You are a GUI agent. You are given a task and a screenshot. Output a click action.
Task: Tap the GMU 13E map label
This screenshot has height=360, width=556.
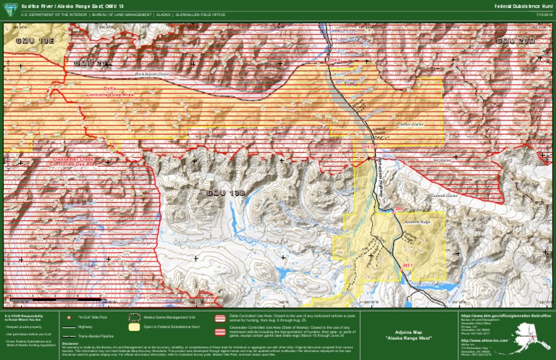pos(34,41)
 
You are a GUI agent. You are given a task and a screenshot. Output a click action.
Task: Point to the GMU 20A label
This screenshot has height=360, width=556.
pos(93,64)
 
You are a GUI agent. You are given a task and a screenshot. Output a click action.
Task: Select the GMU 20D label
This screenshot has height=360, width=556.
pos(515,41)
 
